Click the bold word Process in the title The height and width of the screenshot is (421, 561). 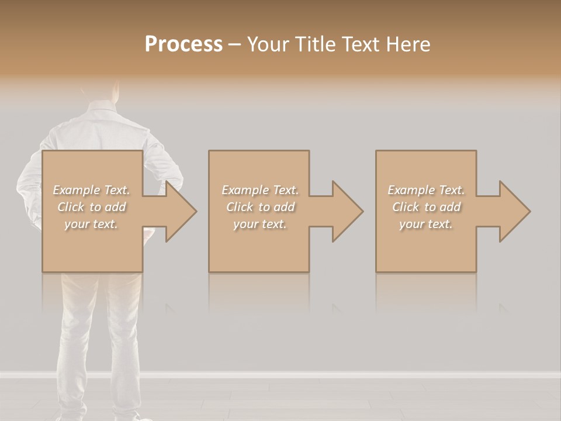183,44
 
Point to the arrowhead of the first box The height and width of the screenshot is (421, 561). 181,211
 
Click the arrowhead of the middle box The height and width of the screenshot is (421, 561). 347,211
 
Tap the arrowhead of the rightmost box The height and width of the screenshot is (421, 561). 514,211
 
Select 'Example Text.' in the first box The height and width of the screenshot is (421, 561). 91,190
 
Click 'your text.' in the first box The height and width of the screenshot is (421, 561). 91,224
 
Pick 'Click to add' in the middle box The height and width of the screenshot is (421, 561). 260,207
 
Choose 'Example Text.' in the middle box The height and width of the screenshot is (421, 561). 260,190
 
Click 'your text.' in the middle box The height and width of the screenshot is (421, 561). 260,224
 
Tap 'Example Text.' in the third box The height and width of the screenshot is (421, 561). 426,190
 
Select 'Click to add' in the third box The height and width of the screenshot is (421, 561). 426,207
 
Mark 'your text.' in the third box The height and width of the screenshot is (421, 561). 426,224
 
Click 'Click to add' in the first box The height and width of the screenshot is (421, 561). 91,207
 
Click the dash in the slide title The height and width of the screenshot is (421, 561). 234,45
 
